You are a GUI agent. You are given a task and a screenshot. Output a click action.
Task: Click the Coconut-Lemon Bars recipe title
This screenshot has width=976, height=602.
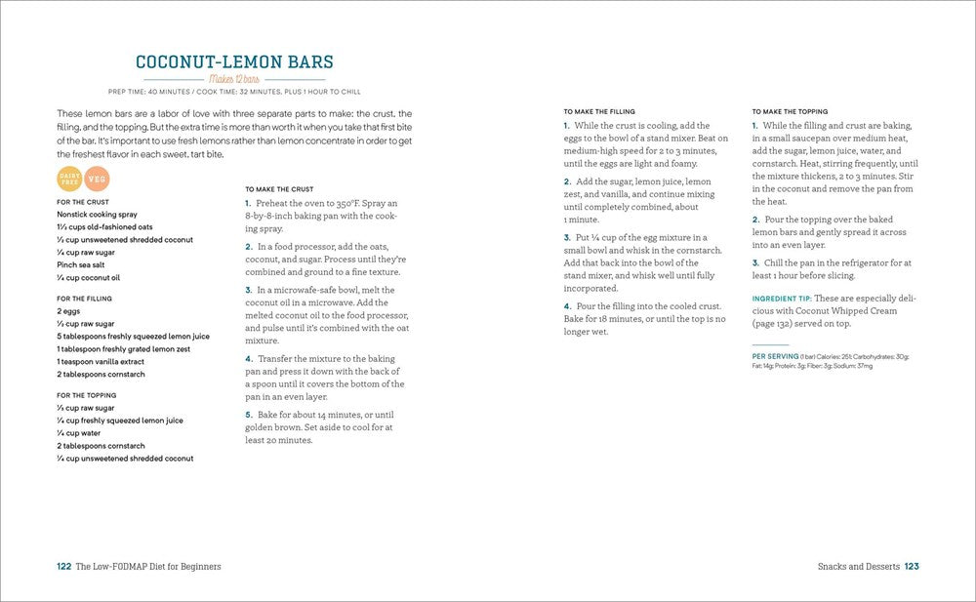234,62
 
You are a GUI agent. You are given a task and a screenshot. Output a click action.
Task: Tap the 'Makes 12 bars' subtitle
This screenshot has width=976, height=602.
234,79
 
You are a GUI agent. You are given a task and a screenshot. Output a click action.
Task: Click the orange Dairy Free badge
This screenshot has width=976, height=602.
70,179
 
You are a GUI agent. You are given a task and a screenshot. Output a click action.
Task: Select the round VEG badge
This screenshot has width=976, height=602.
97,179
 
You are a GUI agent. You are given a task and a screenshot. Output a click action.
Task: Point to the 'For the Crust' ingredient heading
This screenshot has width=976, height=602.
83,202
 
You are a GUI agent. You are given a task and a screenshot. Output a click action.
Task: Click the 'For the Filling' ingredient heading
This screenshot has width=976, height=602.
84,299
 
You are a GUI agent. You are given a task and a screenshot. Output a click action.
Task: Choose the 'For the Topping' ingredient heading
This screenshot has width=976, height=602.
86,395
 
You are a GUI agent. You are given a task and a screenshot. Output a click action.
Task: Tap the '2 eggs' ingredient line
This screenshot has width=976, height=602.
69,311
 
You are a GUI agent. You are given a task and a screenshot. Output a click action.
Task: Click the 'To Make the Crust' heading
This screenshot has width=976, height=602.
280,188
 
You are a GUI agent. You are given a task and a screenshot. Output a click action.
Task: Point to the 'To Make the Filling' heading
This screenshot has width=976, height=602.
601,111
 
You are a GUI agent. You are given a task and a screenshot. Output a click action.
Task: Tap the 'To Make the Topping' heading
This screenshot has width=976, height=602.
791,111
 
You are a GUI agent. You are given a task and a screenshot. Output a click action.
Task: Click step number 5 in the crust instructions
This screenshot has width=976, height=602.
248,415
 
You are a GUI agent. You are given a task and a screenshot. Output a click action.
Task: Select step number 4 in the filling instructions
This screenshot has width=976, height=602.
567,306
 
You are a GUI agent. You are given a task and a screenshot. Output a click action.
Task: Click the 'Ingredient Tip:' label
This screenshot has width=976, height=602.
782,299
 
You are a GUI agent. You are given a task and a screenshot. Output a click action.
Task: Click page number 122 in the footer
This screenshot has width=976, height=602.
64,566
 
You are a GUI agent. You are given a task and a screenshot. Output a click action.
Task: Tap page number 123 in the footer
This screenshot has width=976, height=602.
913,566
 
